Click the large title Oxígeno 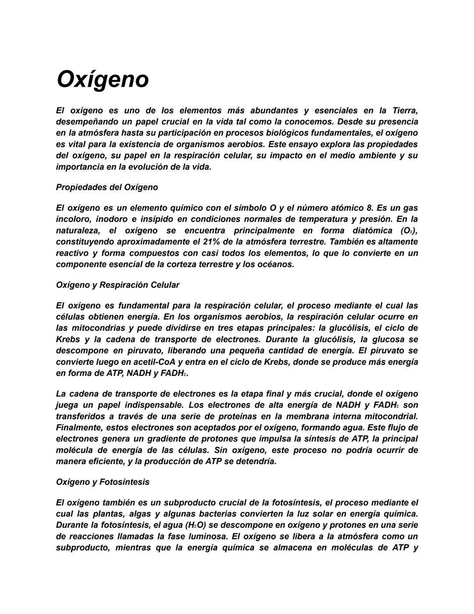[x=103, y=80]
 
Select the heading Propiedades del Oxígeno [x=107, y=187]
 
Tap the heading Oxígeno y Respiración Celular [x=118, y=285]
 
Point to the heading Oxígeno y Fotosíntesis [x=102, y=482]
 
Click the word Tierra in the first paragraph [x=404, y=110]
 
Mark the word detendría [x=256, y=461]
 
